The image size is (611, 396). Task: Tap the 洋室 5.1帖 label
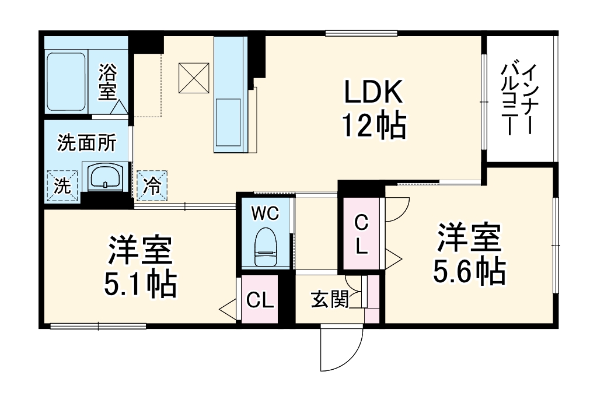pos(140,267)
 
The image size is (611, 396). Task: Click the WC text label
pos(265,213)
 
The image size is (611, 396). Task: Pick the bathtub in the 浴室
pos(66,82)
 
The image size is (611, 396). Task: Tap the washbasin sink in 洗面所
pos(106,176)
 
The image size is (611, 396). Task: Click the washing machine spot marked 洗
pos(62,186)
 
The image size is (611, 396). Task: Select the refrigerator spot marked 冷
pos(152,186)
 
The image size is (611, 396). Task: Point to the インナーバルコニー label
pos(519,99)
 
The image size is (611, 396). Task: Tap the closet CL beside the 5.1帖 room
pos(260,300)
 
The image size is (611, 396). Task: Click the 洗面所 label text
pos(86,143)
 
